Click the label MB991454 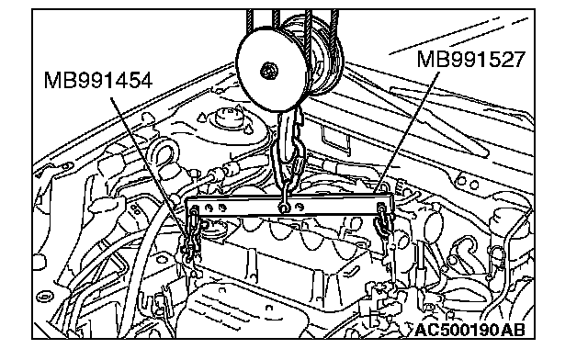(x=98, y=81)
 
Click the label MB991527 (x=471, y=60)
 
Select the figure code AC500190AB (x=469, y=330)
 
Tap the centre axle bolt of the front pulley (x=269, y=70)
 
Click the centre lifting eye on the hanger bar (x=284, y=207)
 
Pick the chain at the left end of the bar (x=192, y=233)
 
